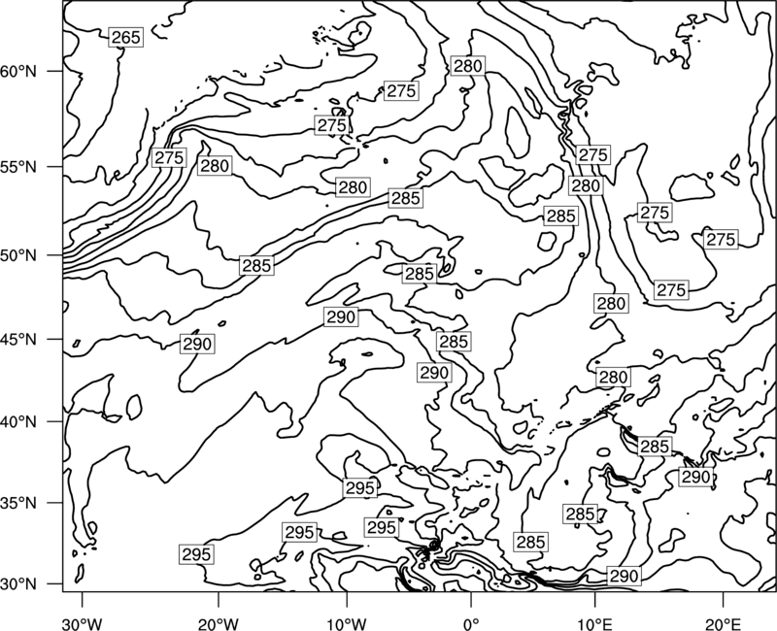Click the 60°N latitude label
[x=18, y=71]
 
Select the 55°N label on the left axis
[x=18, y=167]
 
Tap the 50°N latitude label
[x=18, y=255]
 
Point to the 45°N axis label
[x=18, y=339]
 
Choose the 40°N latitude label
[x=18, y=422]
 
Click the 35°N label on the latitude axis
[x=18, y=503]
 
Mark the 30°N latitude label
[x=18, y=584]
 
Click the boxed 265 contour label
[x=126, y=38]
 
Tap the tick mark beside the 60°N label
[x=54, y=71]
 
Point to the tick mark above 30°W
[x=83, y=599]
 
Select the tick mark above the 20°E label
[x=723, y=599]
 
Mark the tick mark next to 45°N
[x=54, y=339]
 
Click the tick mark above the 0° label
[x=471, y=599]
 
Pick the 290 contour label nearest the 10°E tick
[x=625, y=576]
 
